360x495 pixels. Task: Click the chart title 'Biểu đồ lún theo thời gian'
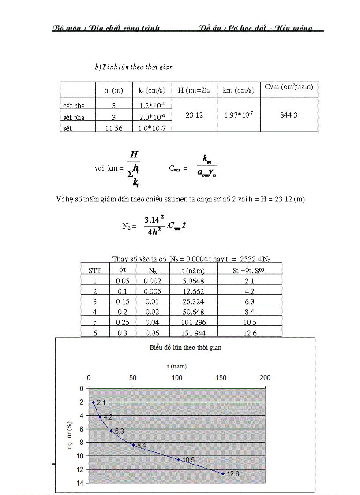(x=185, y=347)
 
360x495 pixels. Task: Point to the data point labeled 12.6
(x=223, y=473)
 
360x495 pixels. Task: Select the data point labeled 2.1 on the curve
(x=93, y=402)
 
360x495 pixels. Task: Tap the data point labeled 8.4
(x=133, y=445)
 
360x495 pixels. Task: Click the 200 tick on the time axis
(x=265, y=378)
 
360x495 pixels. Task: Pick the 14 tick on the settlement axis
(x=81, y=483)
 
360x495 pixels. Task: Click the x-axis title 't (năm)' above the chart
(x=176, y=366)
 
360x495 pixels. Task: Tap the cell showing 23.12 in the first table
(x=194, y=115)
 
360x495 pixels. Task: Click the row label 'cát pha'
(x=74, y=106)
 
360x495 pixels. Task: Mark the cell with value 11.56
(x=114, y=128)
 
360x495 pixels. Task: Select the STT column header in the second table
(x=95, y=270)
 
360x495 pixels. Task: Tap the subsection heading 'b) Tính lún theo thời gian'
(x=134, y=67)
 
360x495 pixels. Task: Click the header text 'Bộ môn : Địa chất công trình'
(x=106, y=28)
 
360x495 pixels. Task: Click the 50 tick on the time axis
(x=133, y=378)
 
